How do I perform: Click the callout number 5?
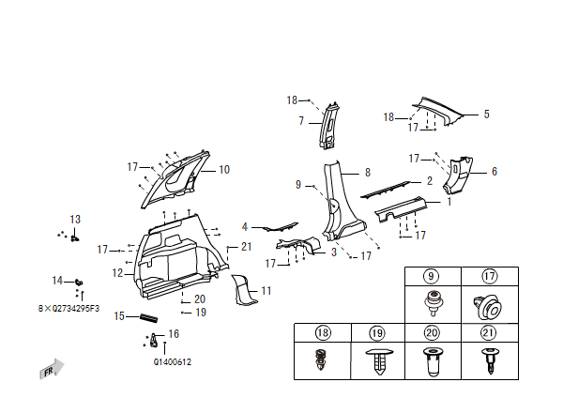tap(487, 115)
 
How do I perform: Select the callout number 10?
tap(224, 170)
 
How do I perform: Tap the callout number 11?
tap(266, 291)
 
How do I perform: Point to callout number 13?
tap(76, 220)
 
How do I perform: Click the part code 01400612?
tap(173, 361)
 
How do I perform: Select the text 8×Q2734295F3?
tap(68, 308)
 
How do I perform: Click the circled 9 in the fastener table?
tap(432, 277)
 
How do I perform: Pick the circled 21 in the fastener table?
tap(488, 332)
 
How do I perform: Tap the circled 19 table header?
tap(376, 332)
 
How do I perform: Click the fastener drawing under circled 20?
tap(432, 360)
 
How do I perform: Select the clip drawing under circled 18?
tap(321, 359)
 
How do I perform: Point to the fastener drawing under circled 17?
tap(488, 304)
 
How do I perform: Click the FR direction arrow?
tap(53, 369)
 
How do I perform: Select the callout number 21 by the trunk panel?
tap(246, 247)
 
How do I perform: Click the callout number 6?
tap(495, 172)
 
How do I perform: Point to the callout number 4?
tap(245, 227)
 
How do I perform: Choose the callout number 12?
tap(117, 273)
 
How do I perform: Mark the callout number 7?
tap(301, 121)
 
